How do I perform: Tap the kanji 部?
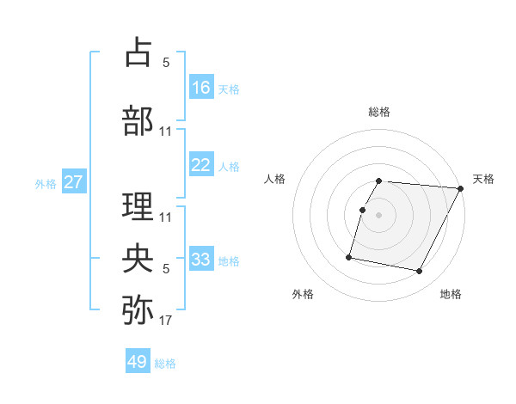coord(138,120)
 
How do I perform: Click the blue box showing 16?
coord(201,87)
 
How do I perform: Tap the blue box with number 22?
coord(201,166)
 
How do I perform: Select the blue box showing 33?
coord(201,260)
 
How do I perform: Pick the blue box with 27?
coord(73,183)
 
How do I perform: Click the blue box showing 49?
coord(138,362)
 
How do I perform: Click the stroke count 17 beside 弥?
coord(166,321)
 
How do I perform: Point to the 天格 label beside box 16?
coord(229,89)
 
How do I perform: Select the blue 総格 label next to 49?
coord(165,364)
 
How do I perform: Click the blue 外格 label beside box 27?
coord(45,184)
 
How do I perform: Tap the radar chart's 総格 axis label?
coord(379,112)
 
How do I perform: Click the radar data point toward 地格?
coord(420,272)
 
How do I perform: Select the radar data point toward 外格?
coord(349,256)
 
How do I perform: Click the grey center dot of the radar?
coord(379,215)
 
